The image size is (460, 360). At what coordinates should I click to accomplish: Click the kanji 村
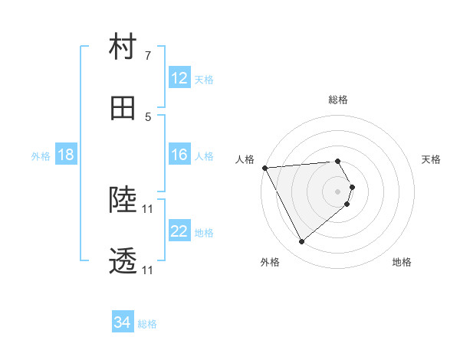[123, 47]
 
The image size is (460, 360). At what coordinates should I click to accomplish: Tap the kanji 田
[123, 109]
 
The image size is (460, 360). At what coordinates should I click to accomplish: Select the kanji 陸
[123, 201]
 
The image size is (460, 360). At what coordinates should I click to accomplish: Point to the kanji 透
[123, 262]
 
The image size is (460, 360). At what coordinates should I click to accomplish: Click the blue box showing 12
[179, 78]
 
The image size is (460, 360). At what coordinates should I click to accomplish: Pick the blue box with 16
[179, 155]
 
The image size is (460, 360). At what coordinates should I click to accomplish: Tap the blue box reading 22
[179, 231]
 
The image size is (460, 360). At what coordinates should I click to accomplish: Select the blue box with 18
[66, 155]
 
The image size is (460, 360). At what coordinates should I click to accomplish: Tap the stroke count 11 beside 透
[148, 270]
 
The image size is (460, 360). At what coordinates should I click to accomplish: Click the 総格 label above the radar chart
[338, 100]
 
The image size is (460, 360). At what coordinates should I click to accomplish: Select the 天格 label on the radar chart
[432, 159]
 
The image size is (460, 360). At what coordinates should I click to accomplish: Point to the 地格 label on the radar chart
[402, 262]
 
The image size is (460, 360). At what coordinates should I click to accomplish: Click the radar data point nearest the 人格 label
[264, 168]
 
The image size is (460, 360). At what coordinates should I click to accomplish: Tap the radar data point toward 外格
[301, 242]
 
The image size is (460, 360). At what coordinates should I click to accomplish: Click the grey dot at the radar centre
[338, 190]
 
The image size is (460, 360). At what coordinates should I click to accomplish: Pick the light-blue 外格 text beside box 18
[41, 155]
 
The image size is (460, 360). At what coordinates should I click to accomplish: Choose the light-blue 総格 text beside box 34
[147, 324]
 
